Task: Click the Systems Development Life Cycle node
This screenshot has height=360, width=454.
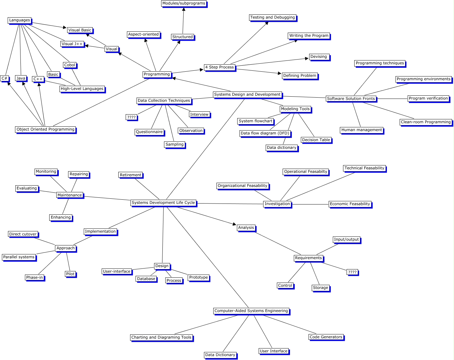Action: coord(163,203)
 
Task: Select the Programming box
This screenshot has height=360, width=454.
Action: coord(157,74)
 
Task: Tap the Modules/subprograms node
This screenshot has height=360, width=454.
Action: coord(184,4)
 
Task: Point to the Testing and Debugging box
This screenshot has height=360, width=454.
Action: coord(272,17)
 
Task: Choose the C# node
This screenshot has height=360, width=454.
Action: coord(4,78)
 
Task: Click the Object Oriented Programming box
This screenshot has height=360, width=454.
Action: coord(45,129)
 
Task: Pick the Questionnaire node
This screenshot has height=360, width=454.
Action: coord(149,132)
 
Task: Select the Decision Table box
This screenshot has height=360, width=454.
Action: coord(316,140)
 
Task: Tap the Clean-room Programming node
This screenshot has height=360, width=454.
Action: coord(426,122)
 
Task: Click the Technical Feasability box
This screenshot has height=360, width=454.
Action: coord(364,168)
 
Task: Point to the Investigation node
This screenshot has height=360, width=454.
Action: coord(277,204)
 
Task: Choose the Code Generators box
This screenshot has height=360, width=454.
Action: coord(326,337)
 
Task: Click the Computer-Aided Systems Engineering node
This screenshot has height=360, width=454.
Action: coord(251,311)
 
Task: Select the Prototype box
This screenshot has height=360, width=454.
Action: coord(199,277)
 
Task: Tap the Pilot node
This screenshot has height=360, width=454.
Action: coord(70,274)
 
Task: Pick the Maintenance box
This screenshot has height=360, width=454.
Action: coord(70,195)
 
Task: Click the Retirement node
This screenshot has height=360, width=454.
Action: coord(130,175)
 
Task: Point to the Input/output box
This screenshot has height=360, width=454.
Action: coord(346,239)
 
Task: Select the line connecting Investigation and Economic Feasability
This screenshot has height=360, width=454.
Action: coord(310,204)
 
